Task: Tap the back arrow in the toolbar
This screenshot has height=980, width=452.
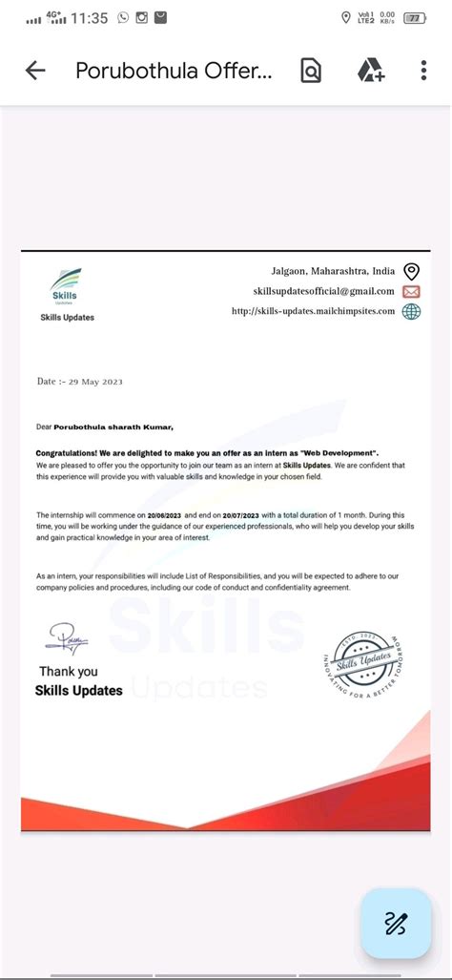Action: pos(35,71)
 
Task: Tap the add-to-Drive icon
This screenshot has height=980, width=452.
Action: pos(370,71)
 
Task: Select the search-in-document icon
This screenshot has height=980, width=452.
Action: pos(311,71)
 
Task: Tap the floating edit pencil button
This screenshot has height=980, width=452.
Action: pos(395,923)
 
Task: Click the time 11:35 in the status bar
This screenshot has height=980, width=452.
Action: pos(89,17)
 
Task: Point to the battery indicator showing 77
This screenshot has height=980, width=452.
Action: pos(414,17)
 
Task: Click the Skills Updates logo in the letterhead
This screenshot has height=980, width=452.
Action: pos(67,286)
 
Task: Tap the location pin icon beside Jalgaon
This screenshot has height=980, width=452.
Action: pos(411,271)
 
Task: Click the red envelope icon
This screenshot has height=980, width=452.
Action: pos(411,291)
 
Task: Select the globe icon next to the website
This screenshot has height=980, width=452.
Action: pos(411,311)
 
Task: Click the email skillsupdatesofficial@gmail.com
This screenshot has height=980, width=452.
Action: pos(323,291)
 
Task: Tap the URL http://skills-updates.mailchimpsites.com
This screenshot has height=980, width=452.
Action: pos(313,311)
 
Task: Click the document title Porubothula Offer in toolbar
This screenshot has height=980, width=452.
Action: pos(175,71)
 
